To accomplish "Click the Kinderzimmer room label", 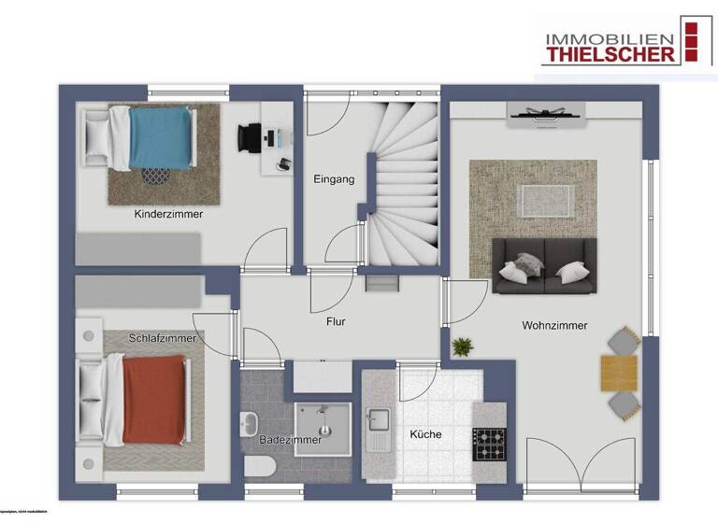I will pyautogui.click(x=168, y=214).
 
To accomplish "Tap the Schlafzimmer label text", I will pyautogui.click(x=163, y=338).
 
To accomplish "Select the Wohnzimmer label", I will pyautogui.click(x=554, y=326).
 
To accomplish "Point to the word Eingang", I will pyautogui.click(x=334, y=179).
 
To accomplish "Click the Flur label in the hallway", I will pyautogui.click(x=336, y=322).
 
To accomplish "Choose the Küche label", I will pyautogui.click(x=425, y=434).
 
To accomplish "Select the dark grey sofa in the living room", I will pyautogui.click(x=544, y=265).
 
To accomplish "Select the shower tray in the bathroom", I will pyautogui.click(x=323, y=425).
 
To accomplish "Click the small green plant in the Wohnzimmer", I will pyautogui.click(x=462, y=347).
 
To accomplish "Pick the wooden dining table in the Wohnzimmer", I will pyautogui.click(x=618, y=373).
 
